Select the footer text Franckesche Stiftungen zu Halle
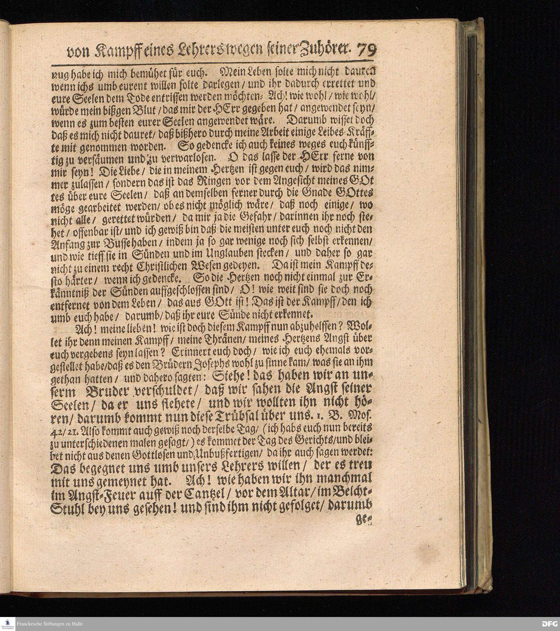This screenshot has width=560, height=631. (x=50, y=624)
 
